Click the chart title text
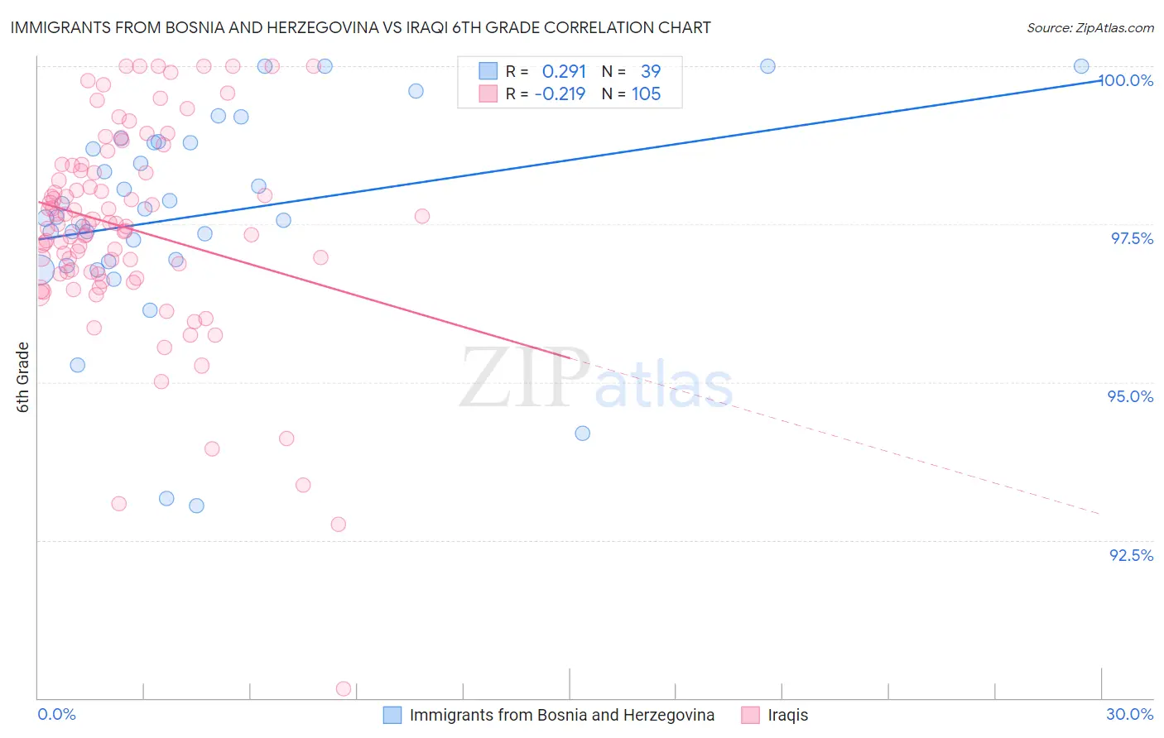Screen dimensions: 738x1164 coord(360,27)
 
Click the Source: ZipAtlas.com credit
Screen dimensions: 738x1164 coord(1089,27)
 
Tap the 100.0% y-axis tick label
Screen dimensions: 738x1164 coord(1126,80)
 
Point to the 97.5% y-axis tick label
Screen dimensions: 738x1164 coord(1132,238)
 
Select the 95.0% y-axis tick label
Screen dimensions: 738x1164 coord(1131,396)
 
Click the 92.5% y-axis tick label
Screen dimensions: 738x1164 coord(1131,555)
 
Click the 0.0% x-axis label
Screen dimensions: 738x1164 coord(57,714)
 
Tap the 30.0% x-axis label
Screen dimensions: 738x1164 coord(1129,714)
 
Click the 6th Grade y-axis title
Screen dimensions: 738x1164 coord(23,377)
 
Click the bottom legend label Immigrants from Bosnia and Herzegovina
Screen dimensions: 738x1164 coord(561,715)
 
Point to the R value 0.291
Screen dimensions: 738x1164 coord(564,71)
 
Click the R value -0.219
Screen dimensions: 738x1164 coord(560,93)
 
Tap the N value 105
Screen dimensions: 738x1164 coord(646,93)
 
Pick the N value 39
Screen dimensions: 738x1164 coord(651,71)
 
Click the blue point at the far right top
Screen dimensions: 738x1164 coord(1081,66)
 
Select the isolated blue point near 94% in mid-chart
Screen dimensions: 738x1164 coord(583,434)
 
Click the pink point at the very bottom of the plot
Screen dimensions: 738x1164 coord(344,688)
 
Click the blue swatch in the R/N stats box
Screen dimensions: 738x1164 coord(488,71)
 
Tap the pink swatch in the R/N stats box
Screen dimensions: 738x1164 coord(488,93)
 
